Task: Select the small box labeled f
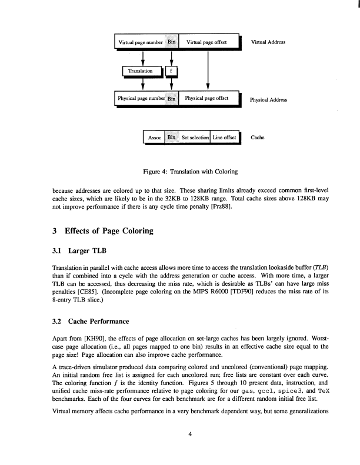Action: click(x=171, y=71)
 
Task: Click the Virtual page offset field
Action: click(x=208, y=43)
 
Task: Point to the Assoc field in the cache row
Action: click(x=155, y=138)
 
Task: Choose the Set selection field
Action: click(x=195, y=138)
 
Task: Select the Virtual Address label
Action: click(x=269, y=43)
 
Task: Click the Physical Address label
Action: click(x=269, y=99)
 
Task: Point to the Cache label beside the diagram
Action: click(x=258, y=138)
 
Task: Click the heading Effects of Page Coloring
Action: click(x=104, y=230)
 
